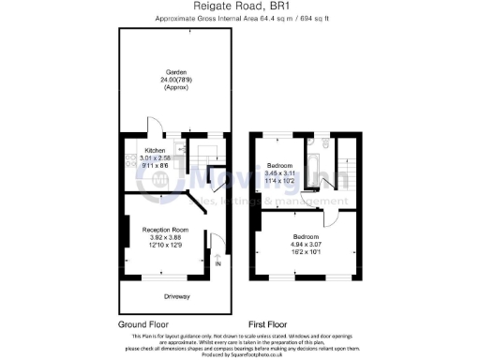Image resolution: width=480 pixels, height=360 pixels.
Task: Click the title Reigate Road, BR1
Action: pos(239,7)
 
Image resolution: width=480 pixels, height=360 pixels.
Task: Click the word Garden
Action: pos(175,72)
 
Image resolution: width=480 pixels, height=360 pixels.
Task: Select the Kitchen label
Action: pos(154,150)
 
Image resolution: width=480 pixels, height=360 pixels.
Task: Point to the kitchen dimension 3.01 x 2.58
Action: pos(155,157)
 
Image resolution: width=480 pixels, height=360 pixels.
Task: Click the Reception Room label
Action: pos(165,229)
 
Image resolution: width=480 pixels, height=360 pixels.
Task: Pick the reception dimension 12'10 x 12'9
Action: pos(165,245)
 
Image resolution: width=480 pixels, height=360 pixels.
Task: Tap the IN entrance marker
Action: pos(218,264)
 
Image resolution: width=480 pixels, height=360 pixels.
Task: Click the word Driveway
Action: pos(176,297)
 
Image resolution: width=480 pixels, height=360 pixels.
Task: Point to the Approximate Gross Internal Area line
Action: pos(239,18)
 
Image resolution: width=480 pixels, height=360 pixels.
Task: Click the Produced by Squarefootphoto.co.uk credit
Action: pos(240,354)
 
